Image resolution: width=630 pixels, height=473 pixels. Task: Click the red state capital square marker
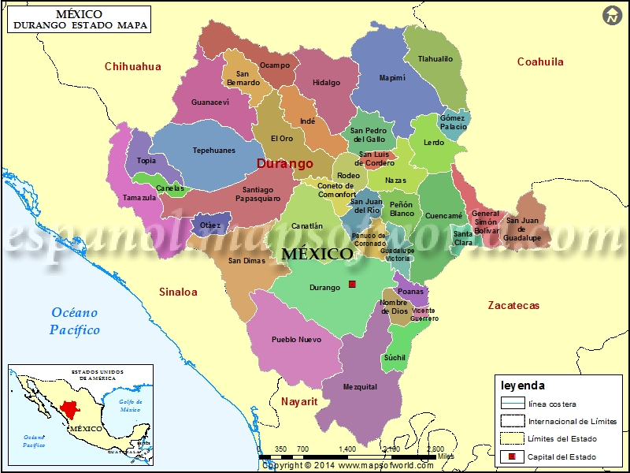[x=352, y=284]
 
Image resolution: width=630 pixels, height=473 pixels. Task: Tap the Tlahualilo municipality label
[x=435, y=59]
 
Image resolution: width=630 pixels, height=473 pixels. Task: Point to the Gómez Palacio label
[x=454, y=122]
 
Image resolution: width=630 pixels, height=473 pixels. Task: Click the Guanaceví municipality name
[x=210, y=102]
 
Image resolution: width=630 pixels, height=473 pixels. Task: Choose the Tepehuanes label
[x=214, y=151]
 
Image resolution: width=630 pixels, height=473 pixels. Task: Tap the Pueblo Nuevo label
[x=296, y=340]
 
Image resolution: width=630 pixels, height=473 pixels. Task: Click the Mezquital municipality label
[x=360, y=387]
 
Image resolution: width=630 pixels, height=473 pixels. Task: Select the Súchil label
[x=395, y=358]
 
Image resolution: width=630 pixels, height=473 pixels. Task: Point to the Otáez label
[x=210, y=225]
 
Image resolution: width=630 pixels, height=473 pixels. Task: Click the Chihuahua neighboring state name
[x=133, y=66]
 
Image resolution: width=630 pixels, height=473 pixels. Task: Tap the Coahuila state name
[x=540, y=61]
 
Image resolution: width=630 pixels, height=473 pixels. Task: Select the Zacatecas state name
[x=513, y=305]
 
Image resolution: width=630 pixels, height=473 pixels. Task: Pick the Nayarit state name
[x=299, y=401]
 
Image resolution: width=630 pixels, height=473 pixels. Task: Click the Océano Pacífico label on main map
[x=75, y=321]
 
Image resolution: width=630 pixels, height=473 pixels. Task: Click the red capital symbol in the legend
[x=512, y=456]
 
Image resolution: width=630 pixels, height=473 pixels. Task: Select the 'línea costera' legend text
[x=552, y=404]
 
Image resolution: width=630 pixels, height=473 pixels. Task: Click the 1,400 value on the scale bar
[x=347, y=449]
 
